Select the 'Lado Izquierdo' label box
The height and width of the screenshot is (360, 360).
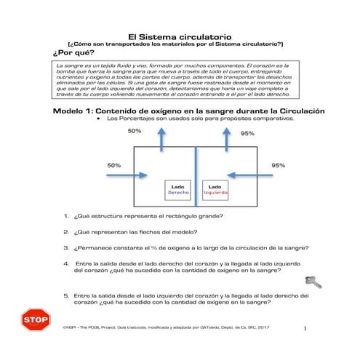click(215, 191)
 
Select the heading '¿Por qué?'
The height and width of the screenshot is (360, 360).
click(71, 54)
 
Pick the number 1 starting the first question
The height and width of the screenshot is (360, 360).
click(66, 216)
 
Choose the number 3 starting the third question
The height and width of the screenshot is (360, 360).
click(66, 247)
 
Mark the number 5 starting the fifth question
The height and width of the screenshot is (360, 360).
click(66, 296)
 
